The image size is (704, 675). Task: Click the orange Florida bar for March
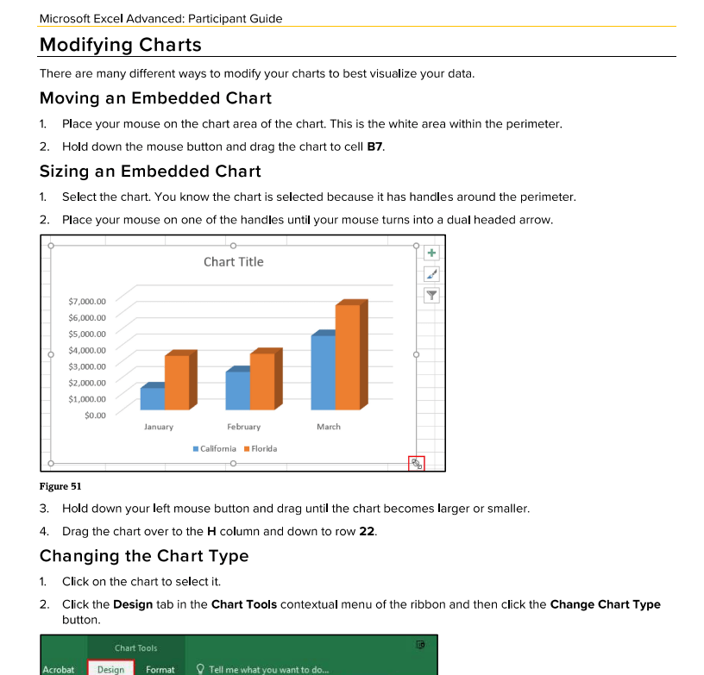(x=347, y=358)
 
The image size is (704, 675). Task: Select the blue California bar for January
(x=152, y=398)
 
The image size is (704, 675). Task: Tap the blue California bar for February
(x=237, y=390)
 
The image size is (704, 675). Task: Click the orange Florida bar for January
(x=176, y=382)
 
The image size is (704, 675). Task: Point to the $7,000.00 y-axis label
(x=87, y=302)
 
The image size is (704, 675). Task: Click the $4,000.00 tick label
(x=87, y=350)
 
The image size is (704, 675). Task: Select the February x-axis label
(x=243, y=427)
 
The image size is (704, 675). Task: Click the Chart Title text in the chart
(x=233, y=262)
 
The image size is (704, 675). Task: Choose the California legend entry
(x=217, y=448)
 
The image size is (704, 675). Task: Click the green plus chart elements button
(x=432, y=253)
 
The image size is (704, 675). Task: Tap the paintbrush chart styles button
(x=432, y=274)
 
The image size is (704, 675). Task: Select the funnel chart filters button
(x=432, y=295)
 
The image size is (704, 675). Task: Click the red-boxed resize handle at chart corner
(x=417, y=464)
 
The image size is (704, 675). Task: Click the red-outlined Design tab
(x=110, y=669)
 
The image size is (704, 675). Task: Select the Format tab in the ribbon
(x=160, y=669)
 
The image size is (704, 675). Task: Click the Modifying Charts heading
(x=120, y=45)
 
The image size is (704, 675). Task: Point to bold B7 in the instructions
(x=374, y=147)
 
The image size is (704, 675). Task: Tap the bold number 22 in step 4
(x=367, y=531)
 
